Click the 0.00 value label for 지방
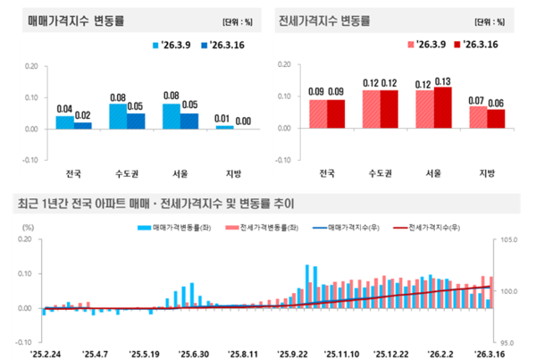coord(242,121)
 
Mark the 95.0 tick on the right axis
coord(507,342)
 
